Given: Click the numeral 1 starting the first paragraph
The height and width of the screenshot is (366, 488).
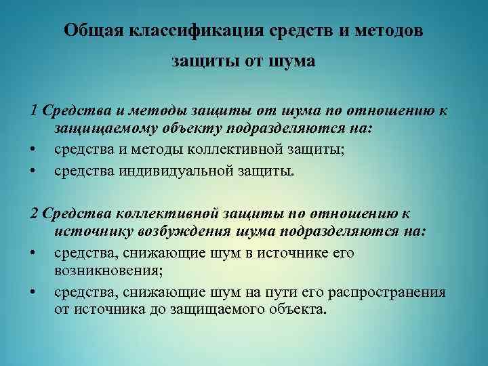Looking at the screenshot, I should (x=35, y=110).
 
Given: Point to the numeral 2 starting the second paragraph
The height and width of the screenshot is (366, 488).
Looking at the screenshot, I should (x=35, y=213).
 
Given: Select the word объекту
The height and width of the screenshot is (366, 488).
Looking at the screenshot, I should (x=190, y=129).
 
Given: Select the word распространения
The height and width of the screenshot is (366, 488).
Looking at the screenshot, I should (x=386, y=292).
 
